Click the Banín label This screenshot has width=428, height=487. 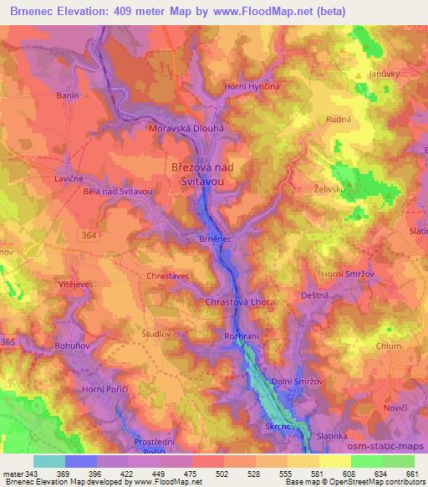point(44,95)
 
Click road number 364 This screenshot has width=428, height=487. point(89,236)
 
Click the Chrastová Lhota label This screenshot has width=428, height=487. point(241,301)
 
